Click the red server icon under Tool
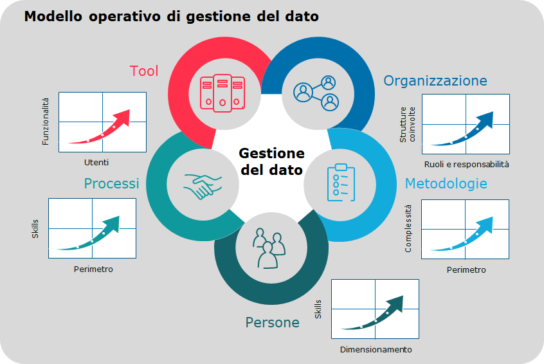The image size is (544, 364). click(222, 93)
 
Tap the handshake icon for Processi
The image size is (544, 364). click(203, 187)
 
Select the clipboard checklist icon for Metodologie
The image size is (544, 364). click(341, 183)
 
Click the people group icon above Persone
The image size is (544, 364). click(269, 248)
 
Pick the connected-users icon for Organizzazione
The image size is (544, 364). click(316, 93)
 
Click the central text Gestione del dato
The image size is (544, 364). click(271, 161)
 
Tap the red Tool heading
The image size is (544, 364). click(144, 71)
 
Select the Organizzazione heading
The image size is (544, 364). click(435, 81)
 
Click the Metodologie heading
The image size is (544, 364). click(446, 183)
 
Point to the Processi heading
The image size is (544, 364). click(111, 183)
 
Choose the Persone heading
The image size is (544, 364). click(273, 322)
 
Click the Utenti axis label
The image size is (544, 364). click(96, 163)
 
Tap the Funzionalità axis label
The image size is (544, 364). click(46, 122)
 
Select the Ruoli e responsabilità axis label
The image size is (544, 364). click(466, 165)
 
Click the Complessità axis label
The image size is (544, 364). click(408, 228)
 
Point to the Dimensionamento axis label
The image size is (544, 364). click(376, 350)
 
